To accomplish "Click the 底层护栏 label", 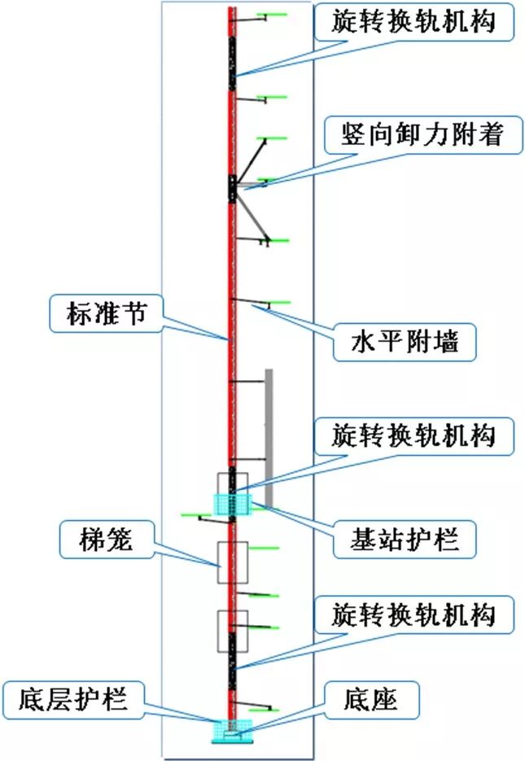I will (x=75, y=697).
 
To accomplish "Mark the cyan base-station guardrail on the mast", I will (x=234, y=505).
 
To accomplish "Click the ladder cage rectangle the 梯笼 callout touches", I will (x=233, y=562).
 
